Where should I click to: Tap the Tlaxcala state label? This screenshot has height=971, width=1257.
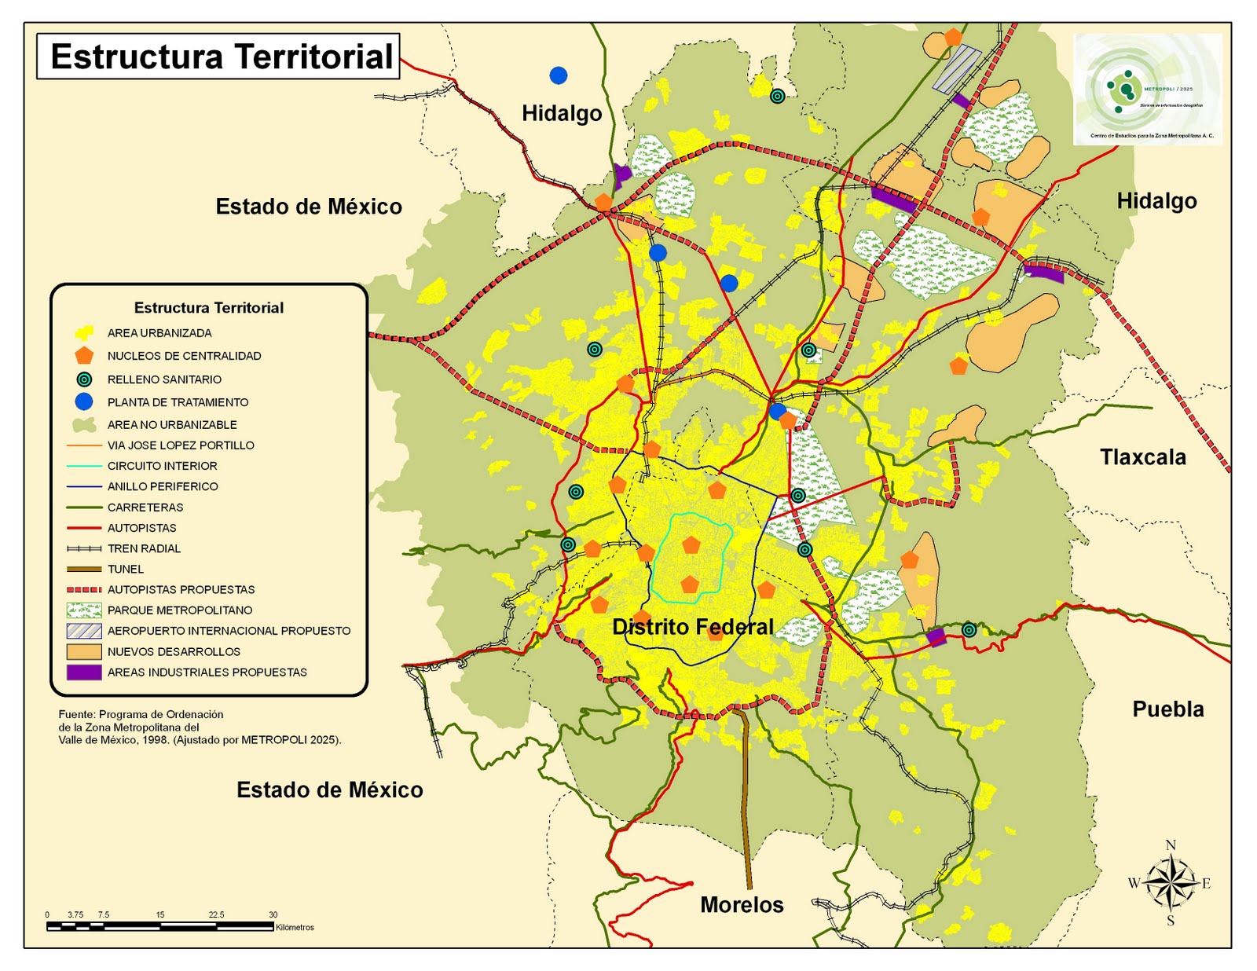(x=1142, y=457)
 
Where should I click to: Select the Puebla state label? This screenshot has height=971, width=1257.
(x=1167, y=709)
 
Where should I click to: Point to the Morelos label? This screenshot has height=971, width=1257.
(x=742, y=905)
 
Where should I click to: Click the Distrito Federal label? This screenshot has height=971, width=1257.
(x=693, y=627)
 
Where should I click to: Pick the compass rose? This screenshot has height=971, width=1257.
(x=1170, y=882)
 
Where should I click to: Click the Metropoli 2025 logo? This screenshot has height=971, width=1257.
(x=1147, y=89)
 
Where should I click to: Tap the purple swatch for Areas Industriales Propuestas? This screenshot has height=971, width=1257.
(x=84, y=672)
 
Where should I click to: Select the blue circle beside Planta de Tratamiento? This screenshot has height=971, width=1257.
(x=84, y=402)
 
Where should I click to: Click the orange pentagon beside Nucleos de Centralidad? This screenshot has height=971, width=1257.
(x=84, y=356)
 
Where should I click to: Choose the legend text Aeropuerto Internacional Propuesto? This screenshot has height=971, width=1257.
(x=229, y=631)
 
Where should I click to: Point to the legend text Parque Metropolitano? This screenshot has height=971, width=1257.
(x=180, y=610)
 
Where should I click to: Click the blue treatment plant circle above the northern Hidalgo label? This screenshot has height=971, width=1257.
(x=559, y=75)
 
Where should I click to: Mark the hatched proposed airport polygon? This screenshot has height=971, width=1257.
(x=957, y=68)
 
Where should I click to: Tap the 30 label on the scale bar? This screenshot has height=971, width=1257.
(x=273, y=914)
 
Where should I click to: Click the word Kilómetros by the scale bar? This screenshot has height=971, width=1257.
(x=295, y=928)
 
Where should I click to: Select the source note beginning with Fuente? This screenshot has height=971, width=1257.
(x=200, y=727)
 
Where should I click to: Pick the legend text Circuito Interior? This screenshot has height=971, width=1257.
(x=162, y=466)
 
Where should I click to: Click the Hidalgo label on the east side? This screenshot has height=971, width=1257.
(x=1156, y=201)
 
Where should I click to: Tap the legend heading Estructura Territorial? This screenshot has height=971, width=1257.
(x=208, y=308)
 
